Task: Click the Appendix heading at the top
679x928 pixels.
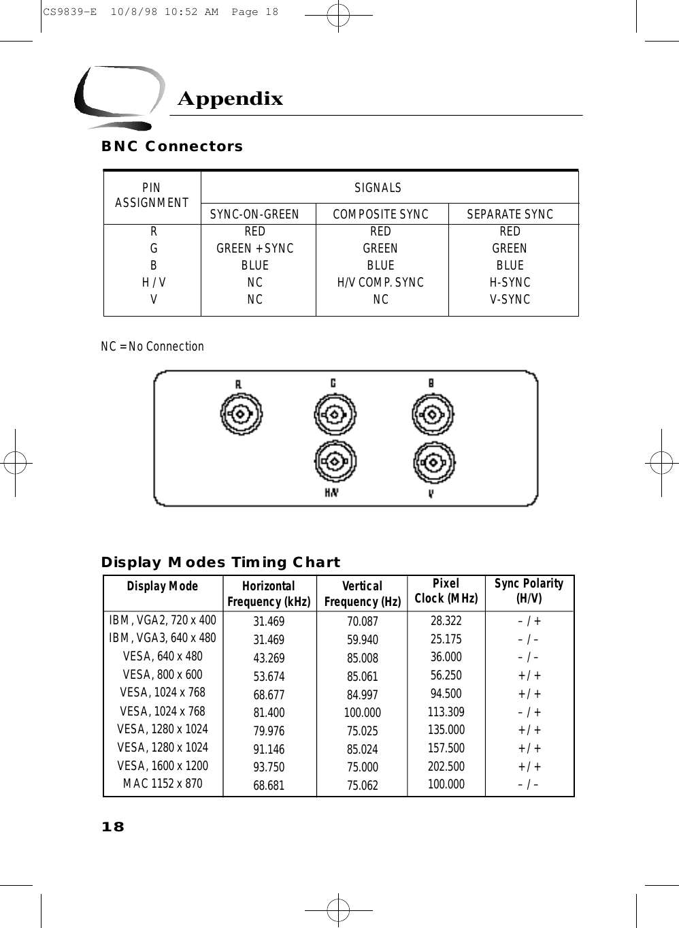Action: (x=230, y=99)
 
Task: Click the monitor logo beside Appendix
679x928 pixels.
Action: (x=118, y=97)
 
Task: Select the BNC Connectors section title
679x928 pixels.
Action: (x=171, y=146)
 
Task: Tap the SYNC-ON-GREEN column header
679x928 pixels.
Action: (x=254, y=214)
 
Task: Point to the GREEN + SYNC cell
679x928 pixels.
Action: (x=255, y=249)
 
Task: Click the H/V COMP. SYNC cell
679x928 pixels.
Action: (x=380, y=283)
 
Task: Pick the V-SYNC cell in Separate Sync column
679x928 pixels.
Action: (x=510, y=300)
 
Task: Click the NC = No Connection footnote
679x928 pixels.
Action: (x=152, y=347)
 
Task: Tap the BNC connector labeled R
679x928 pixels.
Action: (x=240, y=413)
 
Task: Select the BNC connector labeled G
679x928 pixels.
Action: (x=335, y=413)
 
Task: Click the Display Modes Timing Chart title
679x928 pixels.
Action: (x=220, y=562)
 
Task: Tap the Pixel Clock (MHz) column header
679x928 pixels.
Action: (x=446, y=591)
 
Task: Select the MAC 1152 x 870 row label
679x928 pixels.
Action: (x=162, y=784)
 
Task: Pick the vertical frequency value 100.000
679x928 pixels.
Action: (x=362, y=713)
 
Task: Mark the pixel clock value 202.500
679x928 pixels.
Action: (x=446, y=766)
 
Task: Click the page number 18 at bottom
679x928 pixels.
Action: (x=113, y=827)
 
